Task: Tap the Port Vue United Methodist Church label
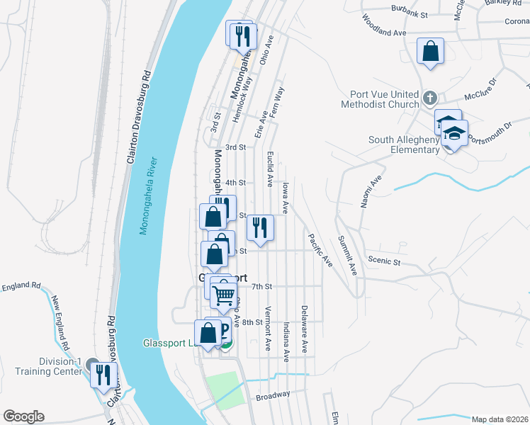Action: (385, 100)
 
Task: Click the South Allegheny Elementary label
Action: (404, 144)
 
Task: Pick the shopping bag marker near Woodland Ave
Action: (430, 51)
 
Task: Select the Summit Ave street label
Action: (347, 256)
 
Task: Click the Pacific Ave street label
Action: (320, 250)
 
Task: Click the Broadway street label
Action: (274, 395)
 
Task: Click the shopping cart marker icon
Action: (223, 292)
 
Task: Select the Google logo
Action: (23, 416)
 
